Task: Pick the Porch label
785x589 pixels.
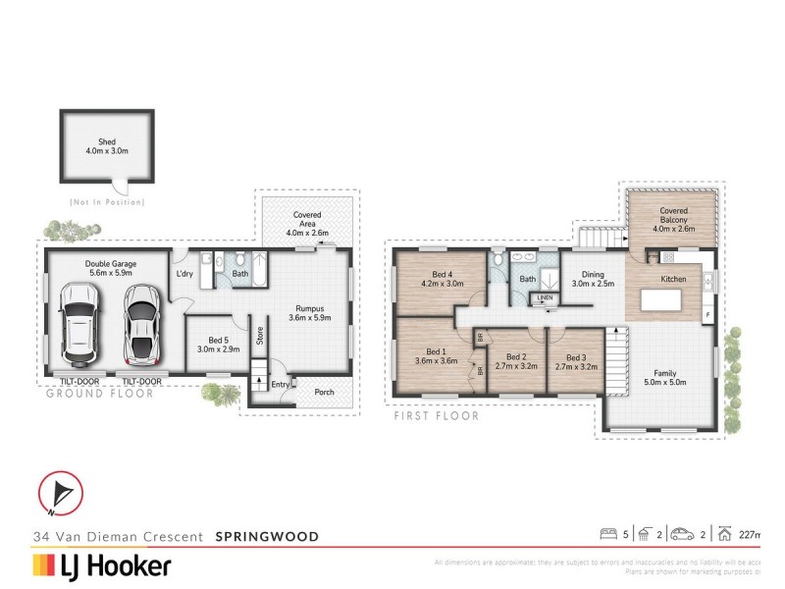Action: click(x=323, y=393)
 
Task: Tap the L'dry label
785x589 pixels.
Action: click(x=184, y=273)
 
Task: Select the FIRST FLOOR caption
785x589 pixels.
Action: click(x=436, y=416)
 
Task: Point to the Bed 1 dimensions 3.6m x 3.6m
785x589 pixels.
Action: click(x=435, y=360)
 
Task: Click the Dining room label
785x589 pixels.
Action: click(x=592, y=275)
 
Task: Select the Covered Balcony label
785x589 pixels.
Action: click(x=673, y=211)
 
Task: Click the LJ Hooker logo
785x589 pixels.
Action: click(x=103, y=565)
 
